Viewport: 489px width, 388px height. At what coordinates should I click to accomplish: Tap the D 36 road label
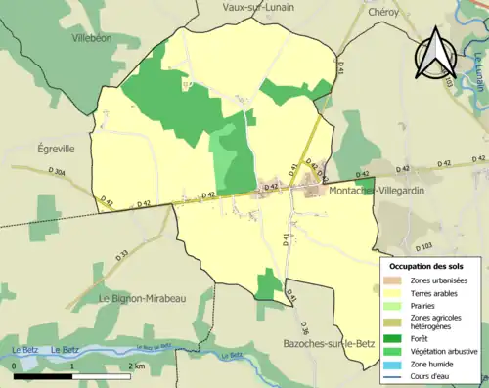pyautogui.click(x=304, y=327)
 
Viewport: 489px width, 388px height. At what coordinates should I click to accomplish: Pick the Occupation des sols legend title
pyautogui.click(x=426, y=266)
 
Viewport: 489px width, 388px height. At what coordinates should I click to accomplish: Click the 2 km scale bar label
pyautogui.click(x=138, y=366)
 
